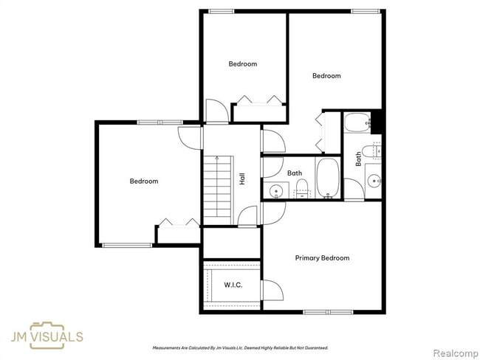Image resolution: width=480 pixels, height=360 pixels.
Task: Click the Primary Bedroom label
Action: (322, 258)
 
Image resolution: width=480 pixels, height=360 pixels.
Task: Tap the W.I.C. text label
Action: (233, 285)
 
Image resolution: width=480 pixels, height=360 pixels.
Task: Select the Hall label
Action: (242, 178)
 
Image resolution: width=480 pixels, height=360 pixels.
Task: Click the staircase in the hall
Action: (218, 190)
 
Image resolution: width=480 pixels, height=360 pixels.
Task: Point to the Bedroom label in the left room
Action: (144, 181)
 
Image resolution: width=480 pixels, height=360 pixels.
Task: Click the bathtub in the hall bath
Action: (327, 179)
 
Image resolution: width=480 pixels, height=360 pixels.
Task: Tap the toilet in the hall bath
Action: (302, 193)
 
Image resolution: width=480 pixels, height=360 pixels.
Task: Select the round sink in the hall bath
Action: (276, 191)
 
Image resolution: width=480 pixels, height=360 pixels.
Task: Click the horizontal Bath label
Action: (295, 173)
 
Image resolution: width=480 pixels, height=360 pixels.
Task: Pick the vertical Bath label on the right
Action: (359, 158)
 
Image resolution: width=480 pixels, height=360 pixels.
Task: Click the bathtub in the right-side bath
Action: (357, 122)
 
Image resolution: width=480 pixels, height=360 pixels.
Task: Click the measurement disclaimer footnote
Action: (240, 347)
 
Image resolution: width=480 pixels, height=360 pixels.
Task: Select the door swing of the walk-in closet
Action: (271, 289)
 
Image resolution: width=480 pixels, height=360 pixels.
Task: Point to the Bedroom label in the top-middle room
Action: (242, 64)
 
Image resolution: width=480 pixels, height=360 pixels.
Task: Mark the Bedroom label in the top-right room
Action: (326, 76)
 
